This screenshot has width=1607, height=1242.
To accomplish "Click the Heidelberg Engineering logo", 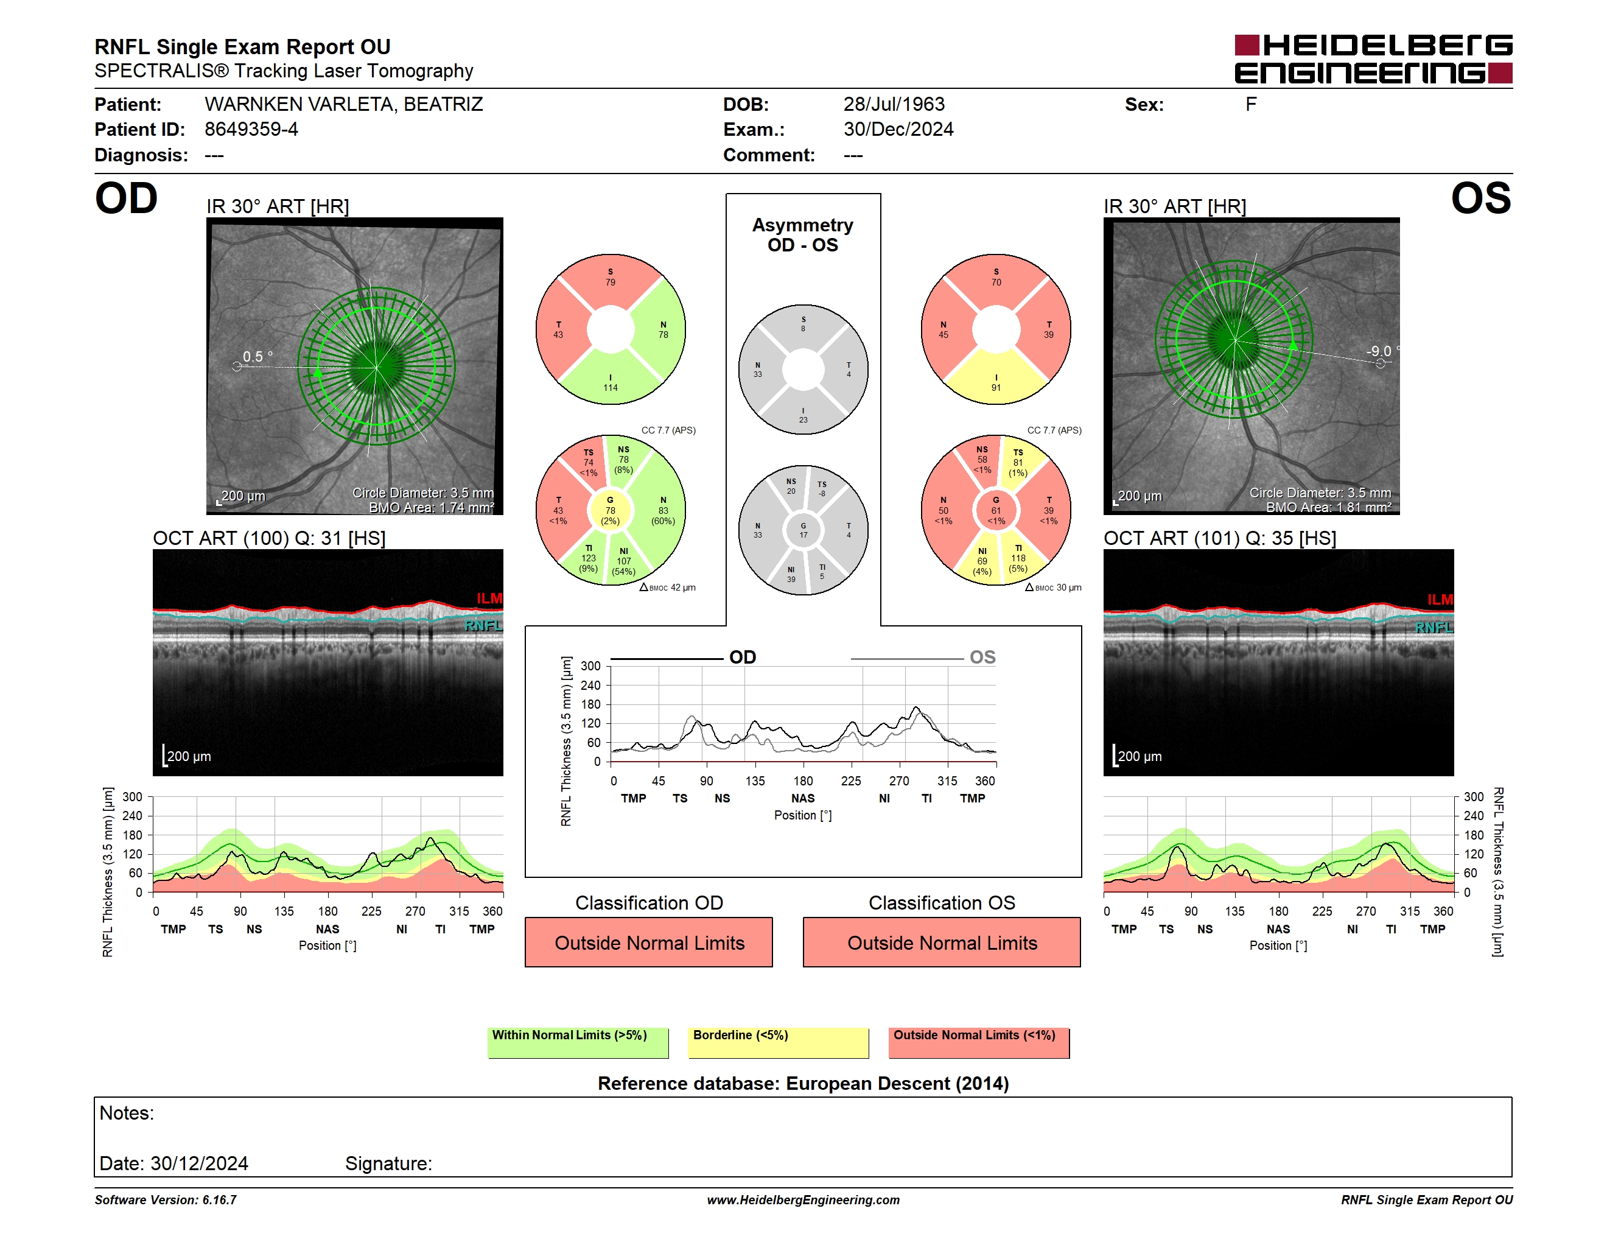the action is [1373, 59].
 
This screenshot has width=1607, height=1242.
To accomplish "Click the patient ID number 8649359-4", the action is [251, 130].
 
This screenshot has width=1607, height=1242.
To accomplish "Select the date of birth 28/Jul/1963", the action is [893, 105].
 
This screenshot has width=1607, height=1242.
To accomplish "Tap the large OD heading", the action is [126, 198].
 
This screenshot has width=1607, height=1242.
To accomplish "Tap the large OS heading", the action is [1480, 198].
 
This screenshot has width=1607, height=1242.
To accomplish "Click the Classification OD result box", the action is [648, 942].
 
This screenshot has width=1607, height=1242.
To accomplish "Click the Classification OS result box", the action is [941, 942].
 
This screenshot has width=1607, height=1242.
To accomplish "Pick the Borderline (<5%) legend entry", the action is [778, 1042].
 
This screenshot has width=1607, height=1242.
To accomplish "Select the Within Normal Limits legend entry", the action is [578, 1042].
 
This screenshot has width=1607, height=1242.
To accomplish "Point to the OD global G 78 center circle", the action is [610, 510].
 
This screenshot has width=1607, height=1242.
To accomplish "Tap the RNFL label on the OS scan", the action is [1434, 628].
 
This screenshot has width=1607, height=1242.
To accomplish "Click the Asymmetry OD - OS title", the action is [803, 235].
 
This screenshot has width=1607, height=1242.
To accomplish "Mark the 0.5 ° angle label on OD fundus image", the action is [257, 356].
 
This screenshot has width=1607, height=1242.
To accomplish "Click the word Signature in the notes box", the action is [388, 1163].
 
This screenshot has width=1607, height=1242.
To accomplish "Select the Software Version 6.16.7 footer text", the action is [166, 1200].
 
